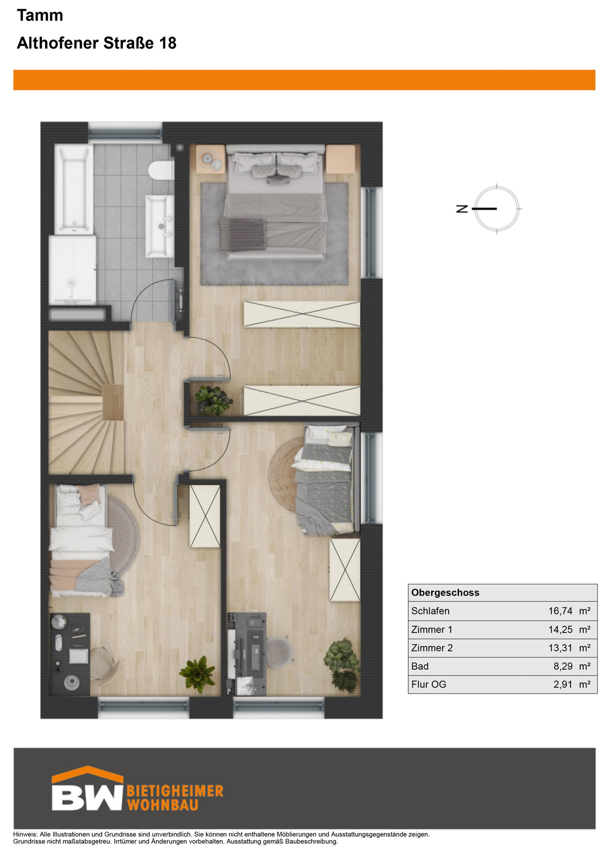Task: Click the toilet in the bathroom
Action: (161, 170)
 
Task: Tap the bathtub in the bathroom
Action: (74, 189)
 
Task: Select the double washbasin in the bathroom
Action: (160, 226)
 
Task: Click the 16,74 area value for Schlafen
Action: (560, 611)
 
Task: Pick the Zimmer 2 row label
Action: (431, 648)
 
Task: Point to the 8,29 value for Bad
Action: (563, 666)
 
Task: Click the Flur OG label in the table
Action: (428, 684)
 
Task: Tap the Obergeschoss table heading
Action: (445, 592)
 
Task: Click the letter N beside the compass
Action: (462, 208)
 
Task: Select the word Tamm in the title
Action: (40, 15)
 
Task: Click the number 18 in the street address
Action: (168, 43)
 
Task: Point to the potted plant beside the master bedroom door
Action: (213, 400)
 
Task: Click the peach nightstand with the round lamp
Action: (210, 159)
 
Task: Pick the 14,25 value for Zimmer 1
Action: (560, 629)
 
